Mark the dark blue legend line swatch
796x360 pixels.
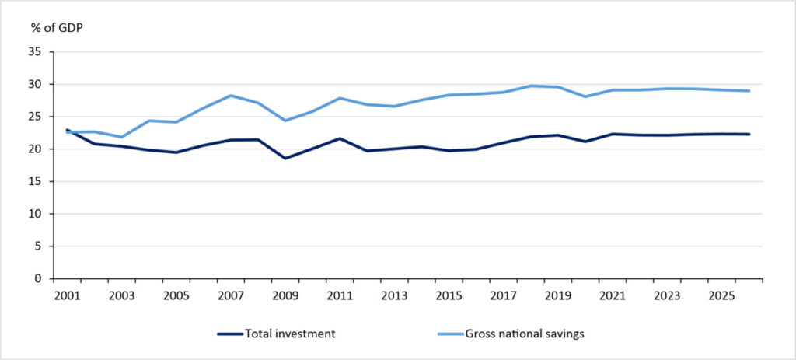click(229, 334)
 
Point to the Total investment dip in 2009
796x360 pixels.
click(285, 158)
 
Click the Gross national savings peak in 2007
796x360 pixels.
click(230, 96)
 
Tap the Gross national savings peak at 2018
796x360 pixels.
click(530, 86)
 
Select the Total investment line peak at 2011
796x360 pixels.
click(339, 138)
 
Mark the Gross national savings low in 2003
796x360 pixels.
click(121, 137)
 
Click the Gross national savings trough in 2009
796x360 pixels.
click(285, 121)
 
